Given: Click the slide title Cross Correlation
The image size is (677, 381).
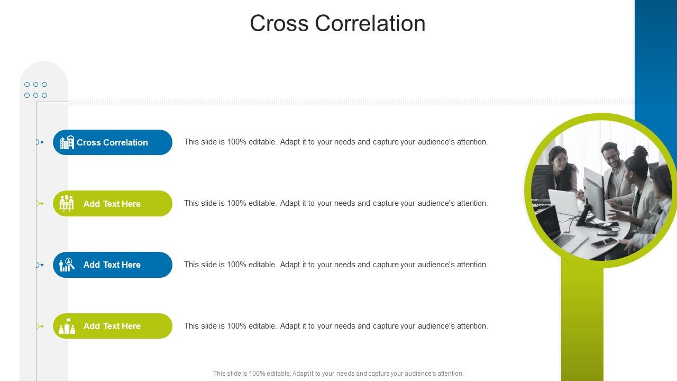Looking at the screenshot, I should pyautogui.click(x=337, y=24).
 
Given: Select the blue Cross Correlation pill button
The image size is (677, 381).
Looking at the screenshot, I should pyautogui.click(x=113, y=142).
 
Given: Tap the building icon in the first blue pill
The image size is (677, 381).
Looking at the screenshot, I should pyautogui.click(x=67, y=142).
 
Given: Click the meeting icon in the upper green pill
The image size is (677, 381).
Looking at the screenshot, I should pyautogui.click(x=67, y=203).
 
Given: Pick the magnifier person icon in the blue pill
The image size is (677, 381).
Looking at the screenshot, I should pyautogui.click(x=67, y=265).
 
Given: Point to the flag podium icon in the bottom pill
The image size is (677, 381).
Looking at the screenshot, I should pyautogui.click(x=67, y=326).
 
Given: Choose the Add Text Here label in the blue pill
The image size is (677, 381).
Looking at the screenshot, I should pyautogui.click(x=112, y=265).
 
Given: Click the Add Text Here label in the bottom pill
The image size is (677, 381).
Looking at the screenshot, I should pyautogui.click(x=112, y=326).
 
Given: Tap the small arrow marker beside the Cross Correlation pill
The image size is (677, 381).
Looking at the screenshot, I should pyautogui.click(x=40, y=142).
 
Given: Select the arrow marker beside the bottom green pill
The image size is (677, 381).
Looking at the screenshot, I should pyautogui.click(x=40, y=326).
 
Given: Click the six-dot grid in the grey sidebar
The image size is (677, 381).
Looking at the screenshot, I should pyautogui.click(x=35, y=90).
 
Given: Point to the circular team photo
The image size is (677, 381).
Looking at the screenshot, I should pyautogui.click(x=601, y=190).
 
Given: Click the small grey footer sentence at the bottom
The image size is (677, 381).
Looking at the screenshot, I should pyautogui.click(x=338, y=374).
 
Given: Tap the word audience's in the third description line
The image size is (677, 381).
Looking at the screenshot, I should pyautogui.click(x=436, y=265).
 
